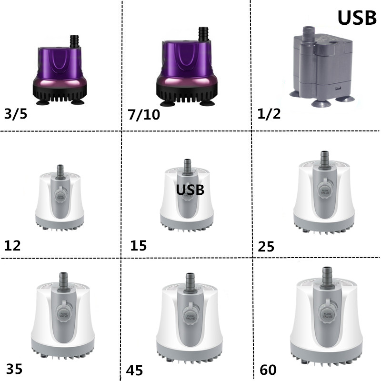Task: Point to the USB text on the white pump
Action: click(190, 190)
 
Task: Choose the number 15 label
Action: click(139, 246)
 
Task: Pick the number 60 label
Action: click(269, 369)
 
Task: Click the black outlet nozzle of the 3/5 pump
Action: click(74, 40)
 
